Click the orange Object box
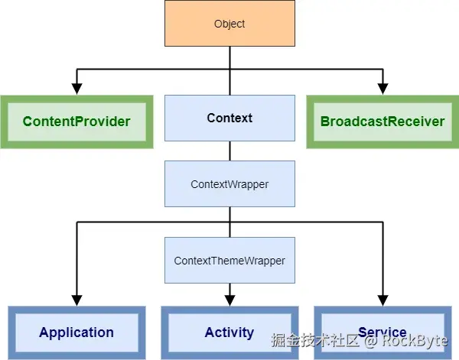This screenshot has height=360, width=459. [x=229, y=23]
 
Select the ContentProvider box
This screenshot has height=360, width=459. [x=76, y=122]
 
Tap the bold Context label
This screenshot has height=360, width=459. [x=229, y=118]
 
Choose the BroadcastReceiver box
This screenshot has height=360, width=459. [x=382, y=122]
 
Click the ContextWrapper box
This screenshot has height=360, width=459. [x=229, y=183]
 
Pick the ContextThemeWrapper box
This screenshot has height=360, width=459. [x=229, y=260]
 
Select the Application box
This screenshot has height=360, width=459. [x=76, y=332]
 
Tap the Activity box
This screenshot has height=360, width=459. [x=229, y=332]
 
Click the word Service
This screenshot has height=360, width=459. [x=382, y=332]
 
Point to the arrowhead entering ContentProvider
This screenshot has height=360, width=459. [x=76, y=89]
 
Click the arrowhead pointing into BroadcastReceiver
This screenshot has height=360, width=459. [x=383, y=89]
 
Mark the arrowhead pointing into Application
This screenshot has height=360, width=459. [x=76, y=300]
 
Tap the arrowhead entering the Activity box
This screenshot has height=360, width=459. [x=229, y=300]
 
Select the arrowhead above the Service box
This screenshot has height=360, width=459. [x=383, y=300]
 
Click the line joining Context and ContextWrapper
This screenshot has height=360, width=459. [x=229, y=151]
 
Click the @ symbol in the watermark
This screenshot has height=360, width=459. [x=371, y=341]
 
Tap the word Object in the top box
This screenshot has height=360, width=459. [x=229, y=24]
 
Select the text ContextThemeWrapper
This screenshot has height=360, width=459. [x=229, y=261]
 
